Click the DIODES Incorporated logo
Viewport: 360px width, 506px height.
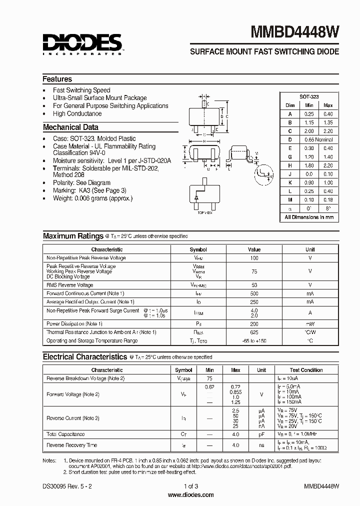coord(82,43)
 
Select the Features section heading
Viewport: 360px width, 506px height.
coord(57,79)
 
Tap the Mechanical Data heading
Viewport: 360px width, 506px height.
coord(70,127)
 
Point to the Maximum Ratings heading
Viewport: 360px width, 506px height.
coord(73,235)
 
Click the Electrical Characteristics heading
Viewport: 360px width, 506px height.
coord(84,357)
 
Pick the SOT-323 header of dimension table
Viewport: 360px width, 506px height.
coord(309,97)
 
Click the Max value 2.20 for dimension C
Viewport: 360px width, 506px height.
coord(328,131)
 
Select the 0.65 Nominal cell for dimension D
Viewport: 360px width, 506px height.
coord(318,139)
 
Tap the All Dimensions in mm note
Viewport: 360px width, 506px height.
coord(309,217)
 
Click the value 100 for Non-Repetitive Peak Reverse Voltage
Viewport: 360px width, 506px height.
coord(254,258)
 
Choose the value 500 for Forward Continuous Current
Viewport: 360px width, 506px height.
coord(254,293)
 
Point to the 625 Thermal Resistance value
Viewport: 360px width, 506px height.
coord(254,332)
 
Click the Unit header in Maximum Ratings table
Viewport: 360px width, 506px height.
coord(310,249)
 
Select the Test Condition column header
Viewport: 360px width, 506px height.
coord(306,370)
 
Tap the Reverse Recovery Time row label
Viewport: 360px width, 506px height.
coord(71,445)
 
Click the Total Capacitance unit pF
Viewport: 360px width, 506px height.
coord(261,434)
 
